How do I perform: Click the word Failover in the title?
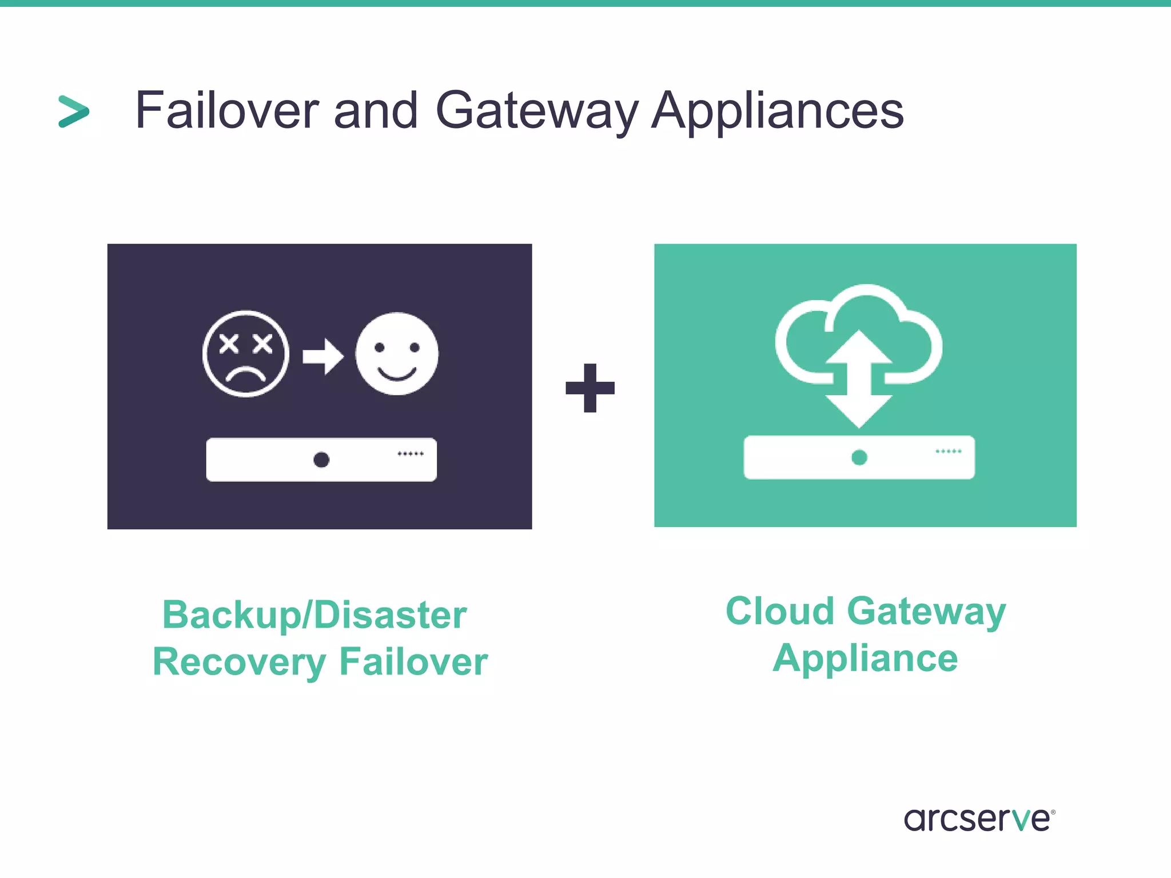tap(226, 110)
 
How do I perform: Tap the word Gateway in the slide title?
tap(536, 111)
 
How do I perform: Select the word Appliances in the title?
tap(778, 111)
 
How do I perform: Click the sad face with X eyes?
tap(246, 354)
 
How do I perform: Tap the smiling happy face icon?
tap(397, 354)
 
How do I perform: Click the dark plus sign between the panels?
tap(590, 388)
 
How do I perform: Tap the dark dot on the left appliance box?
tap(321, 460)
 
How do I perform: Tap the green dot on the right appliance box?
tap(859, 457)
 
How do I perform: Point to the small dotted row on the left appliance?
tap(411, 454)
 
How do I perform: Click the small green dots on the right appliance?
tap(948, 452)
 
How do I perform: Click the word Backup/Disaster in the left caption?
tap(314, 616)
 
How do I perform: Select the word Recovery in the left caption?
tap(239, 662)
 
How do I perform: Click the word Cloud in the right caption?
tap(779, 611)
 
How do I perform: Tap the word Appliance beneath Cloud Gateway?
tap(865, 658)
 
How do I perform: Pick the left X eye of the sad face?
tap(229, 344)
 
